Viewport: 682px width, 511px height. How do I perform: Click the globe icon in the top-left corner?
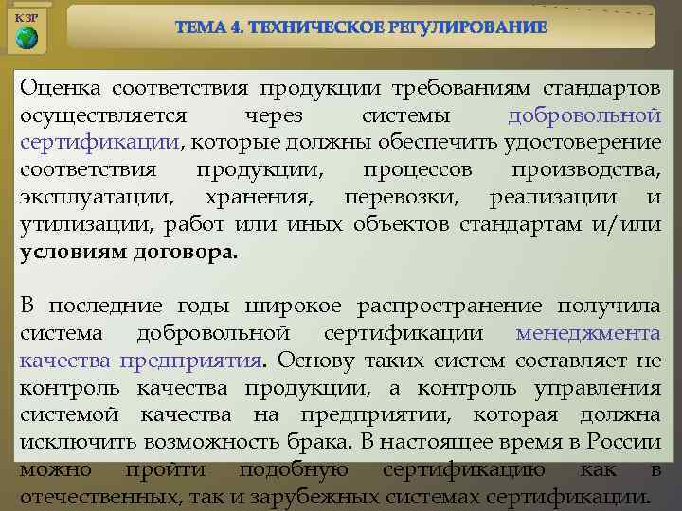pyautogui.click(x=27, y=39)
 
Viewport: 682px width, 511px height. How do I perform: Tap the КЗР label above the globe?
pyautogui.click(x=27, y=17)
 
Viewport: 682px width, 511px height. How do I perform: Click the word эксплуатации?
pyautogui.click(x=97, y=198)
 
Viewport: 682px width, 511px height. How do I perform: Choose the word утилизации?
pyautogui.click(x=76, y=225)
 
